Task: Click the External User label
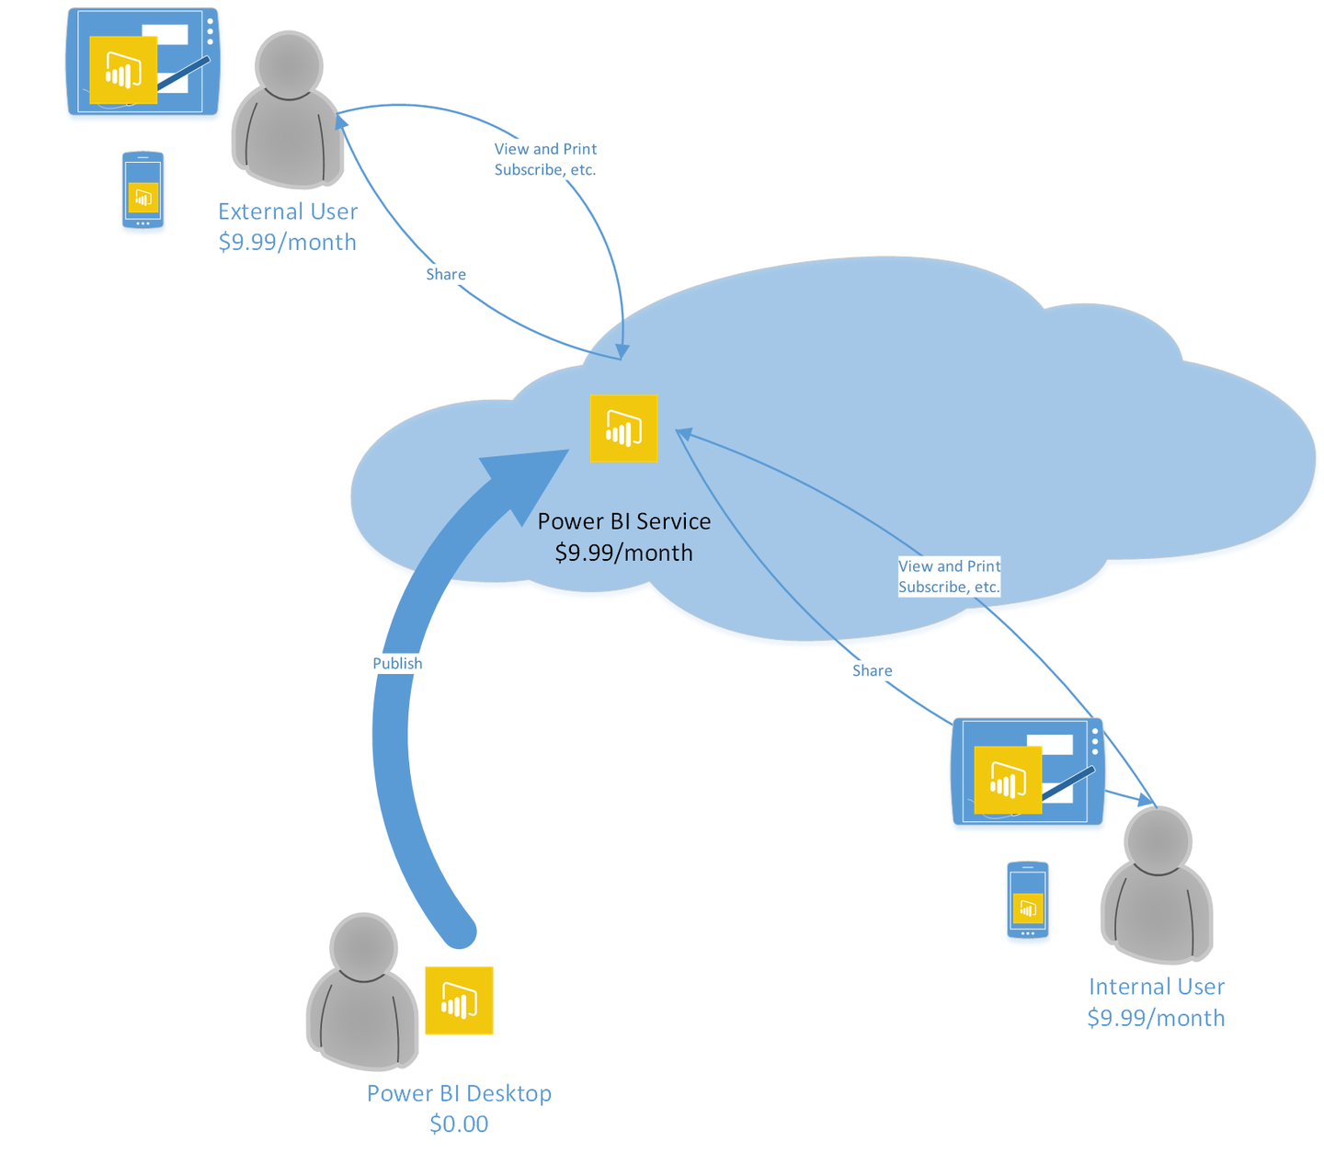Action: click(x=288, y=211)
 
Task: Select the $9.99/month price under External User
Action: click(x=287, y=243)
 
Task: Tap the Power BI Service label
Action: click(x=623, y=521)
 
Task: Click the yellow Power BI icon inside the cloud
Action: click(x=623, y=428)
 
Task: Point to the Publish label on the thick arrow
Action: click(x=397, y=664)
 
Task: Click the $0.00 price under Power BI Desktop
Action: click(x=459, y=1124)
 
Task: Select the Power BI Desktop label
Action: click(x=459, y=1093)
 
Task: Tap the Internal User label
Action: click(x=1156, y=987)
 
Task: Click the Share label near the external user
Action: click(x=446, y=275)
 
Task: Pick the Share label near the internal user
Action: click(x=872, y=671)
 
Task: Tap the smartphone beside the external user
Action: click(x=143, y=190)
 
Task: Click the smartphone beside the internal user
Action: click(x=1027, y=900)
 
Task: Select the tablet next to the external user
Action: click(x=143, y=62)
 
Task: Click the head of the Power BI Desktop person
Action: click(x=364, y=947)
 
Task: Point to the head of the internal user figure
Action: click(x=1158, y=840)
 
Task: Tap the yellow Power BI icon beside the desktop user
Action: click(x=459, y=1000)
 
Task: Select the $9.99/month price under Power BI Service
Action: click(x=623, y=553)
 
